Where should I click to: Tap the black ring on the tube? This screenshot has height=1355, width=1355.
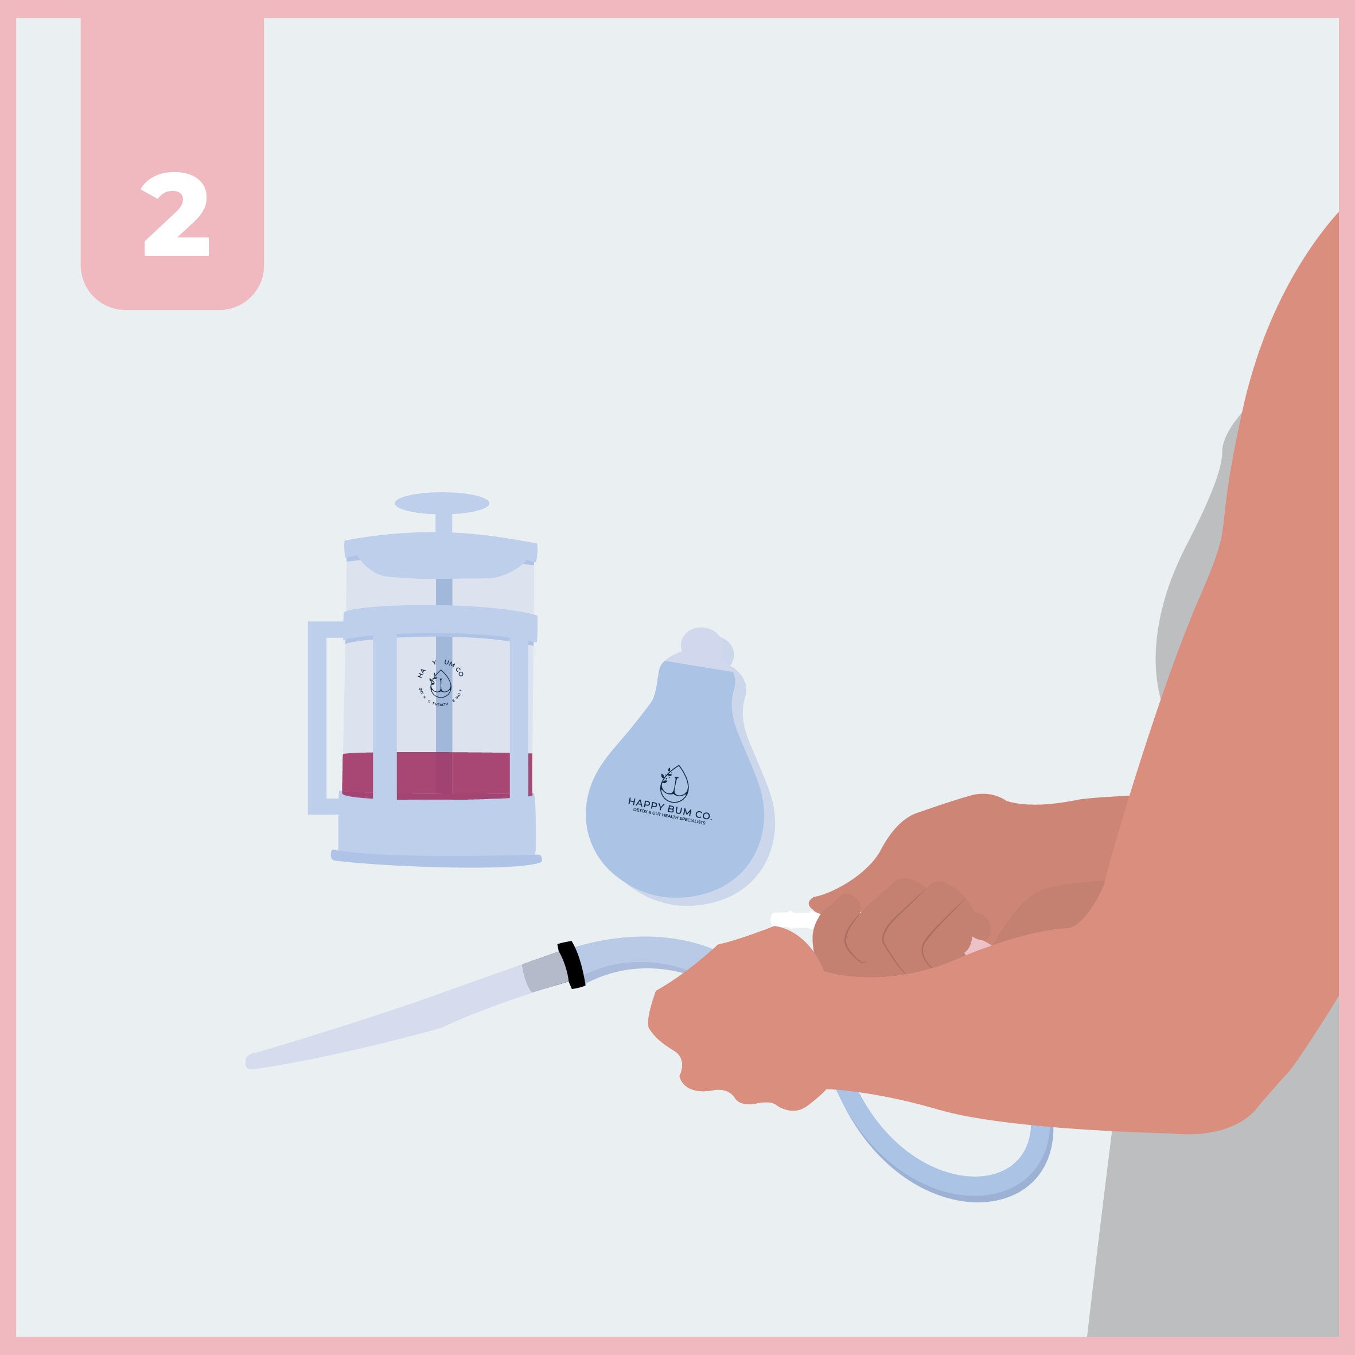pyautogui.click(x=571, y=965)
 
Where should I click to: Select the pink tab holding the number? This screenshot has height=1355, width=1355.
pyautogui.click(x=172, y=91)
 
